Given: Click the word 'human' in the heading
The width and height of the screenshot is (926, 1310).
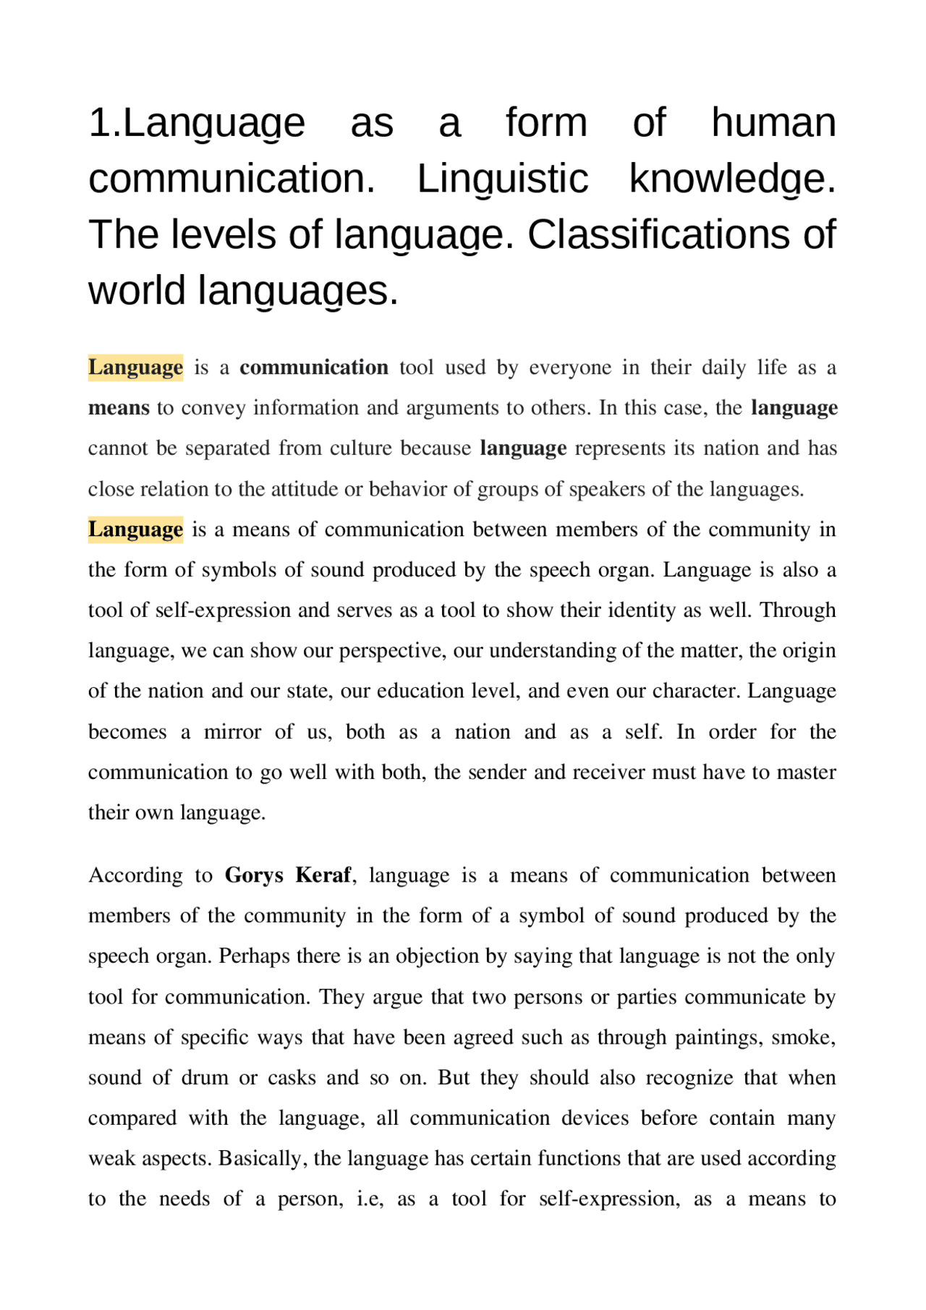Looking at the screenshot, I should coord(773,122).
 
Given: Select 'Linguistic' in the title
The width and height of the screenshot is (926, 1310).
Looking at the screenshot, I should coord(502,179).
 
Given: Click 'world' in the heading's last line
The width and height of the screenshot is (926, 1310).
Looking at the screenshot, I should coord(137,291).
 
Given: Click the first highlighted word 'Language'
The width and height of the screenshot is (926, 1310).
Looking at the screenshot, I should coord(135,367).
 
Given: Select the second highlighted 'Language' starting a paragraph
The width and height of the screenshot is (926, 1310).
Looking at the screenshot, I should coord(135,529).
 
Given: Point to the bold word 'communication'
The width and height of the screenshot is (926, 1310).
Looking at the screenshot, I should coord(313,367).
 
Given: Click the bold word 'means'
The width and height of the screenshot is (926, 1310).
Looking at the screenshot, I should coord(118,408).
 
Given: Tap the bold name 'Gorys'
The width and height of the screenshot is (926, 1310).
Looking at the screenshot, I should coord(254,875).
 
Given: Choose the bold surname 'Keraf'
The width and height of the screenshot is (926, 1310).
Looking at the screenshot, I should coord(323,875).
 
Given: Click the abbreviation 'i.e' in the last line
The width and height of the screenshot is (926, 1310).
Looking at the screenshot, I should coord(369,1199).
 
